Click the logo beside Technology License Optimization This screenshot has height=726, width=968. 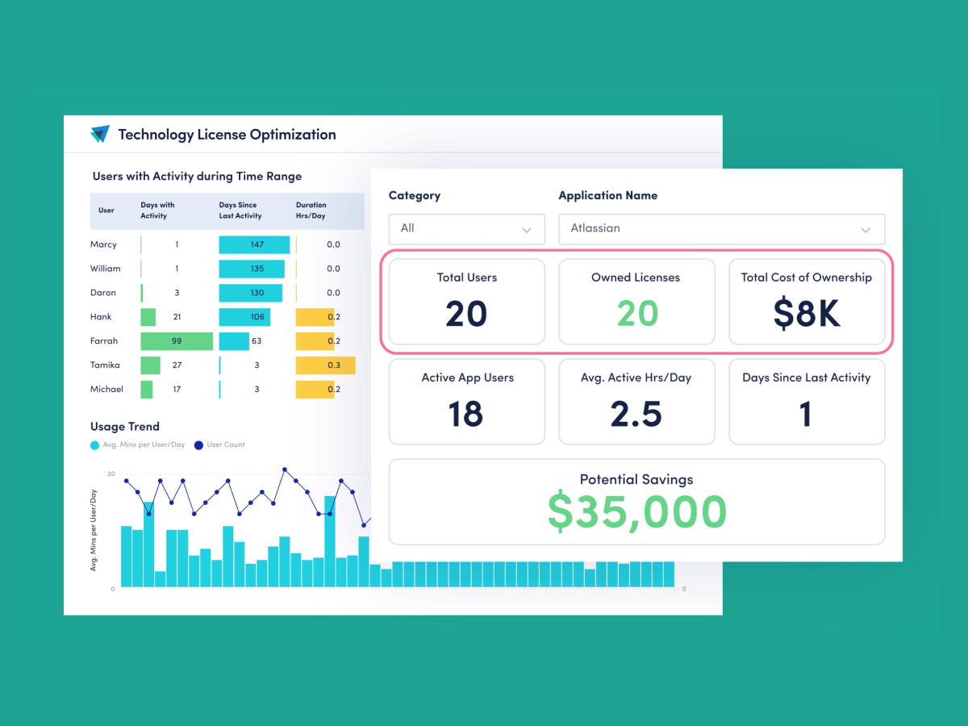100,135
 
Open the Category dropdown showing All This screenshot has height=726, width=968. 466,229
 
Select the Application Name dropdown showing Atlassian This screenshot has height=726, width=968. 721,229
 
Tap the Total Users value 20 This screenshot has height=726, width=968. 466,313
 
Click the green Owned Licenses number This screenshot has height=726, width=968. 636,313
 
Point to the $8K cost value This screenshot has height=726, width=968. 807,313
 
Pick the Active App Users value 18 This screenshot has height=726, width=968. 466,413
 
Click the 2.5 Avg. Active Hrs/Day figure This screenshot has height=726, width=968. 636,413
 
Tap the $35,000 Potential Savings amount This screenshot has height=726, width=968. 636,511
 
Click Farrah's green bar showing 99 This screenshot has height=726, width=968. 177,341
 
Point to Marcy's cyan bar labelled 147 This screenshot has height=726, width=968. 254,244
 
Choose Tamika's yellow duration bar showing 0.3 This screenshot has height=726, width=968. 326,365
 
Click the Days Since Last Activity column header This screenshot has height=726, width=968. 240,211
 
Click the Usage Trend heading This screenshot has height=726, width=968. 125,427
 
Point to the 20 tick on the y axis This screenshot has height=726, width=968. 111,474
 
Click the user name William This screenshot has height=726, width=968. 105,269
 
